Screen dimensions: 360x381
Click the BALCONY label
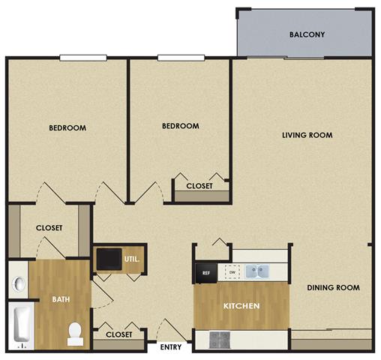coord(307,34)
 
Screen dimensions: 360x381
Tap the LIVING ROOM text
coord(307,135)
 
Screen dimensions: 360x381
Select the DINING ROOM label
coord(333,287)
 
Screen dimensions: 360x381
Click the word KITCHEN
coord(241,307)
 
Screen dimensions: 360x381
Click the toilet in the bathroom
coord(75,333)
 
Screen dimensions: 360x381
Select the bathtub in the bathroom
coord(21,326)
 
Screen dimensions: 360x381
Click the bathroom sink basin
coord(19,283)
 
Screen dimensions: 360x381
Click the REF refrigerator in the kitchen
coord(206,273)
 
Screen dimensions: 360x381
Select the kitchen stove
coord(220,339)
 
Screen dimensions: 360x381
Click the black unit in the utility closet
coord(108,259)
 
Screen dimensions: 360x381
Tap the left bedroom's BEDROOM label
coord(67,127)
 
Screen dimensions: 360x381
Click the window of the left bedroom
coord(82,57)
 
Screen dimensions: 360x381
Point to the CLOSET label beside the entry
coord(119,334)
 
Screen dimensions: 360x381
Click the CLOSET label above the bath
coord(49,228)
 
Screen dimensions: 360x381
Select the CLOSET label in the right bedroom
coord(199,185)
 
